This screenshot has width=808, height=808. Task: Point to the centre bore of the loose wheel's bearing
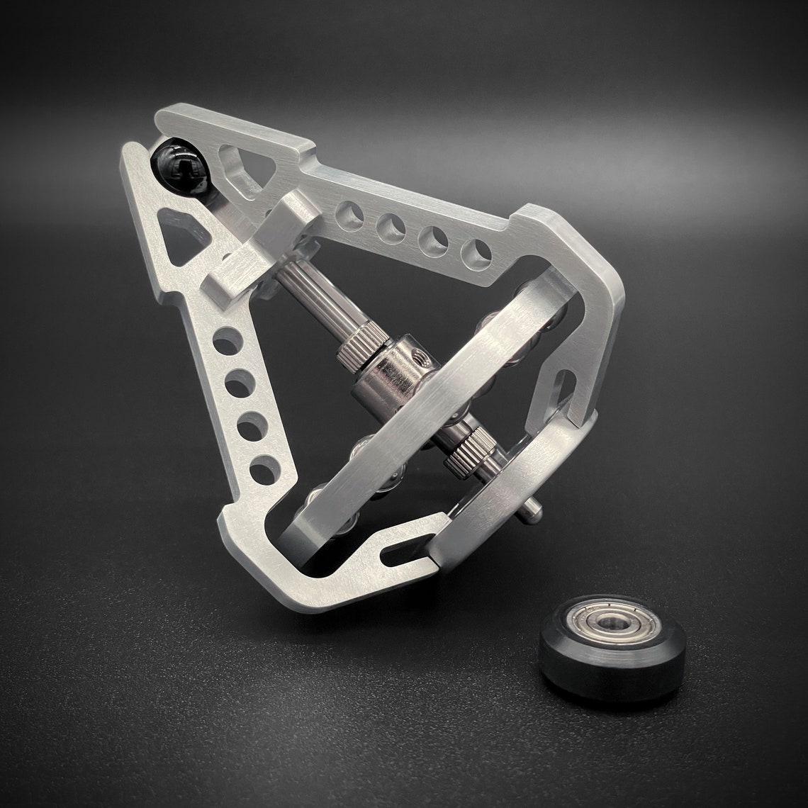coord(607,623)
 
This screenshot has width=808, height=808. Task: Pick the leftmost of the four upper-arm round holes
coord(349,215)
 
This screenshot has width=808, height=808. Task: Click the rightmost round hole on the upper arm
coord(476,254)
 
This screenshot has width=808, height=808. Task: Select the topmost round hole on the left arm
coord(227,342)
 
